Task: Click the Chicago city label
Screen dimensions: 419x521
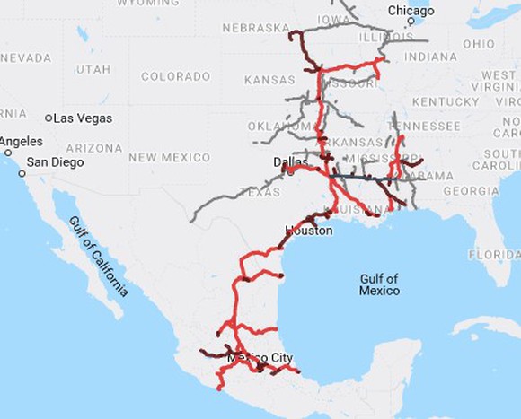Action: click(x=411, y=11)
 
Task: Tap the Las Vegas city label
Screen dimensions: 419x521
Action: click(x=83, y=118)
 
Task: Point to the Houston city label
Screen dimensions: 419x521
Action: click(x=309, y=231)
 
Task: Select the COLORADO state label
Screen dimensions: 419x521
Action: click(x=175, y=76)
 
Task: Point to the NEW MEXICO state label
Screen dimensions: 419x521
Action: click(x=169, y=157)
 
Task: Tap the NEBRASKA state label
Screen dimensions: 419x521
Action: click(x=257, y=29)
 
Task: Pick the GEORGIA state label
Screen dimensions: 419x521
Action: click(x=471, y=191)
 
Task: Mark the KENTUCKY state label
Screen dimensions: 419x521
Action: click(x=446, y=102)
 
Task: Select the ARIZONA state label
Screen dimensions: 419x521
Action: click(x=93, y=148)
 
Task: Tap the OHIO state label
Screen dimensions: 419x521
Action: click(x=478, y=44)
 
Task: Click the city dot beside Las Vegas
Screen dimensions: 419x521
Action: click(x=49, y=118)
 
